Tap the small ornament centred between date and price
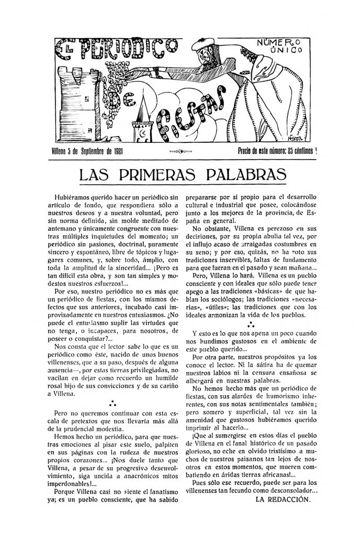(181, 152)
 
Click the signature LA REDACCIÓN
(283, 499)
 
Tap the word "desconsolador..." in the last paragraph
(292, 490)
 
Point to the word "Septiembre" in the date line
(91, 152)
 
